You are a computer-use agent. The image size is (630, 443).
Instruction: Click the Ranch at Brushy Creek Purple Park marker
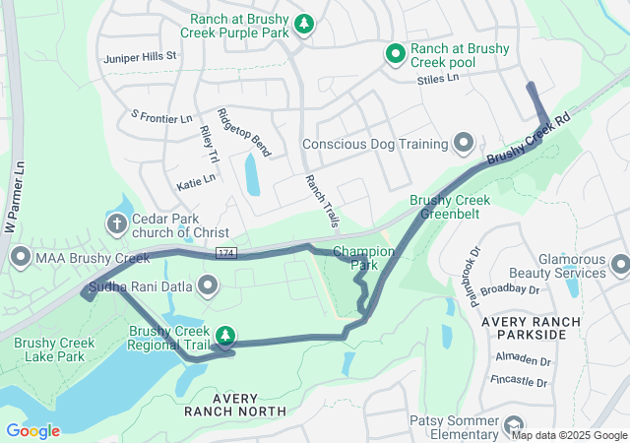click(304, 23)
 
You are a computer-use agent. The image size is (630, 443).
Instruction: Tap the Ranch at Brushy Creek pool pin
click(396, 54)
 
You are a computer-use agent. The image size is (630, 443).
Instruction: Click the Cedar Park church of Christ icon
click(117, 223)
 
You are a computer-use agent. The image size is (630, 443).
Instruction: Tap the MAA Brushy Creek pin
click(20, 259)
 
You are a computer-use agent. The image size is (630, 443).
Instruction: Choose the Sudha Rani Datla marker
click(208, 286)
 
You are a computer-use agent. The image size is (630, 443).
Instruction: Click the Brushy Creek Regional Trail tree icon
click(225, 337)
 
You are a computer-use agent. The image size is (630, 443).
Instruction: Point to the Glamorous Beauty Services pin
click(620, 265)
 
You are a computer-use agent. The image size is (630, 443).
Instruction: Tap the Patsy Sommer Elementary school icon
click(513, 426)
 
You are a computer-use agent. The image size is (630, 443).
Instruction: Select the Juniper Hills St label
click(139, 56)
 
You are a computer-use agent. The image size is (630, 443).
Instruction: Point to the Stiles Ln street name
click(438, 78)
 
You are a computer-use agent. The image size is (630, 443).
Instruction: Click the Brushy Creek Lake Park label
click(49, 349)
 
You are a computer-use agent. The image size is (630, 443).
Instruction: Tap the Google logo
click(32, 430)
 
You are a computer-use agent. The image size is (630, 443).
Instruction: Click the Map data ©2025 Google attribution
click(568, 435)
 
